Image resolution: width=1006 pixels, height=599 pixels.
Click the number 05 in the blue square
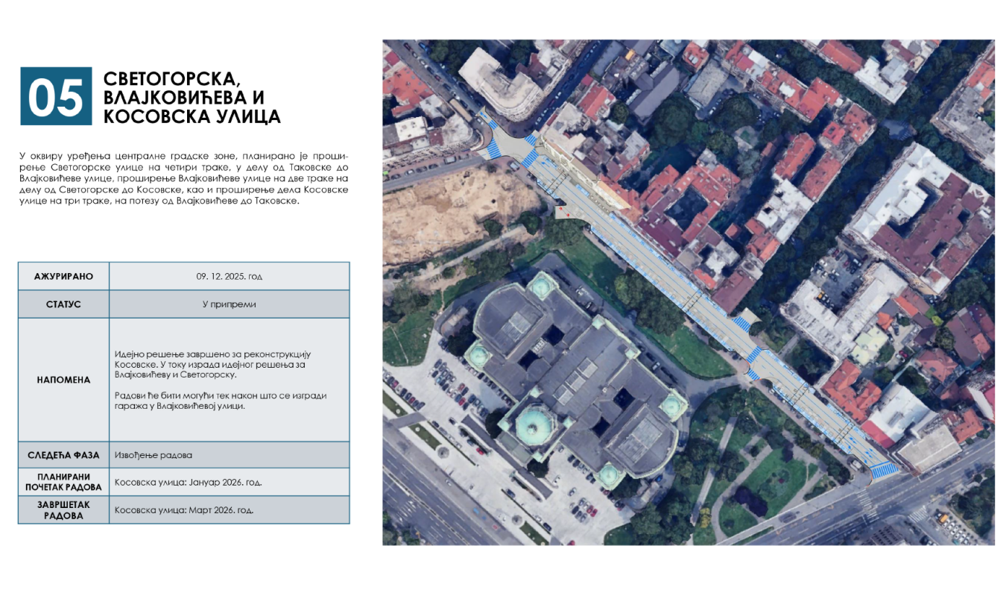coord(55,96)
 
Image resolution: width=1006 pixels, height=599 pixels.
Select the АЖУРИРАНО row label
coord(63,276)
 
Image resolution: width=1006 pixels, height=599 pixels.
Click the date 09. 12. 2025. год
coord(230,276)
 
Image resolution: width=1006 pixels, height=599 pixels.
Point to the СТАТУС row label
coord(63,304)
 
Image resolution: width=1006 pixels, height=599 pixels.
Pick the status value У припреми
coord(230,304)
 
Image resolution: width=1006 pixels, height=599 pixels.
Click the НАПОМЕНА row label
coord(63,380)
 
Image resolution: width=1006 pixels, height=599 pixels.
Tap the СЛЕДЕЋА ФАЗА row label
coord(63,455)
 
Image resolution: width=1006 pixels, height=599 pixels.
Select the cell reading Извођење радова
coord(149,455)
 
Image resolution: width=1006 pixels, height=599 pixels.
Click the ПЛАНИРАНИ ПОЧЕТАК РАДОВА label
coord(63,482)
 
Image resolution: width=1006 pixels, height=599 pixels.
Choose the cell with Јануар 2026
coord(188,483)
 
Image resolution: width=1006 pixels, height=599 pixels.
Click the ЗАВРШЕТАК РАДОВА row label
coord(63,510)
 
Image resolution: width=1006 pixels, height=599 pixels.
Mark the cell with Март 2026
coord(184,511)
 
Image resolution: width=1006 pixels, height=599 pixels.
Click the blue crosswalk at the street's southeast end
coord(885,469)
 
